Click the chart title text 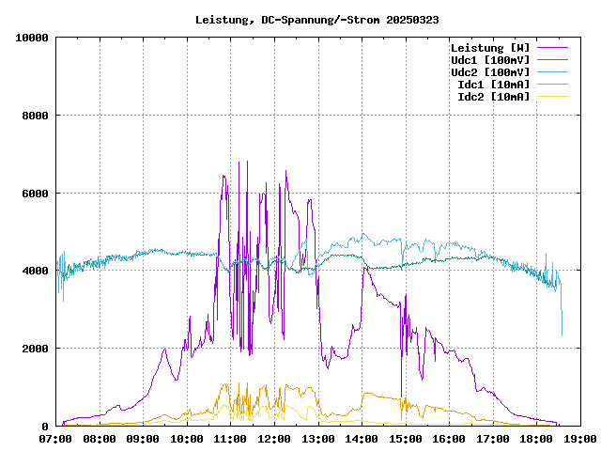pyautogui.click(x=316, y=19)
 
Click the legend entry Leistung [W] pyautogui.click(x=490, y=48)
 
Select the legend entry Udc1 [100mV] pyautogui.click(x=490, y=60)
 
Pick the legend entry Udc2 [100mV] pyautogui.click(x=490, y=72)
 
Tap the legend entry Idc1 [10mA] pyautogui.click(x=493, y=85)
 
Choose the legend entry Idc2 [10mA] pyautogui.click(x=493, y=97)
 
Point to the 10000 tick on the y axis pyautogui.click(x=33, y=38)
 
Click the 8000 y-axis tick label pyautogui.click(x=36, y=116)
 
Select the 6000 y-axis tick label pyautogui.click(x=36, y=194)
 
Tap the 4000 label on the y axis pyautogui.click(x=36, y=271)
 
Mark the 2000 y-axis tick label pyautogui.click(x=36, y=349)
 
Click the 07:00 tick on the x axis pyautogui.click(x=55, y=438)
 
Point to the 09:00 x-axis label pyautogui.click(x=143, y=438)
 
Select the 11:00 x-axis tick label pyautogui.click(x=230, y=438)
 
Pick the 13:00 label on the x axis pyautogui.click(x=318, y=438)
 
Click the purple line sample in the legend pyautogui.click(x=553, y=48)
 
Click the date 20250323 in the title pyautogui.click(x=414, y=19)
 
